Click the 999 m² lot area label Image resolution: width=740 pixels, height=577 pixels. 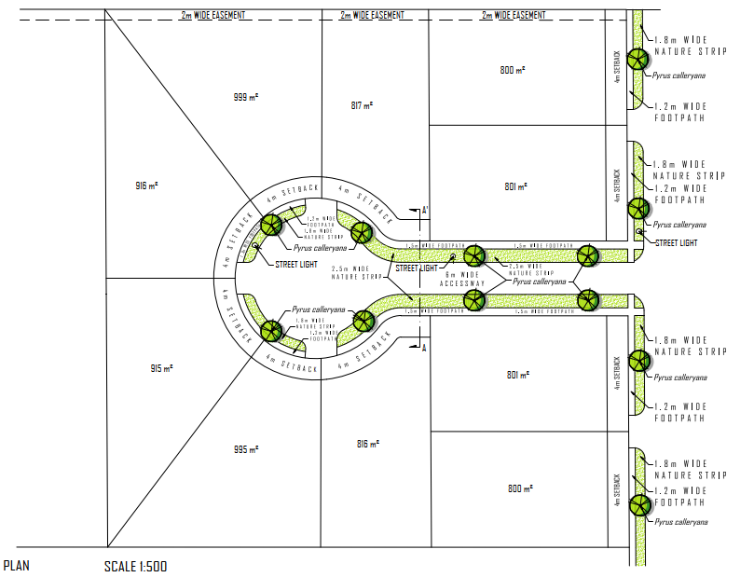(x=245, y=97)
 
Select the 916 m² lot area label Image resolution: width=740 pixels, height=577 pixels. (x=147, y=186)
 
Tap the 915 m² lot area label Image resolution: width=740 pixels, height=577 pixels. (x=162, y=369)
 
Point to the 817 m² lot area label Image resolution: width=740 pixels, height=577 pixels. (x=362, y=105)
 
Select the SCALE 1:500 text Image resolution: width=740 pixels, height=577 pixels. (x=136, y=566)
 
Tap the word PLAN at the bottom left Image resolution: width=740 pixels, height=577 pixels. (x=18, y=566)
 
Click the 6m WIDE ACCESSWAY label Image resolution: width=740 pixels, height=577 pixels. (x=462, y=280)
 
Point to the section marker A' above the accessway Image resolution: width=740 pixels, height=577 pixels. (x=425, y=211)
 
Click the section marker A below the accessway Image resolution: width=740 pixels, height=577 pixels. (x=425, y=348)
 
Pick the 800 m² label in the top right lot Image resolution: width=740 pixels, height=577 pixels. (x=512, y=70)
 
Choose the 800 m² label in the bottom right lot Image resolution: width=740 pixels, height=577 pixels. (x=518, y=489)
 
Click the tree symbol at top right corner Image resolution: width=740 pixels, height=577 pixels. (x=637, y=59)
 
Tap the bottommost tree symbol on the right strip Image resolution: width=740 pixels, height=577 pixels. (x=639, y=505)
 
